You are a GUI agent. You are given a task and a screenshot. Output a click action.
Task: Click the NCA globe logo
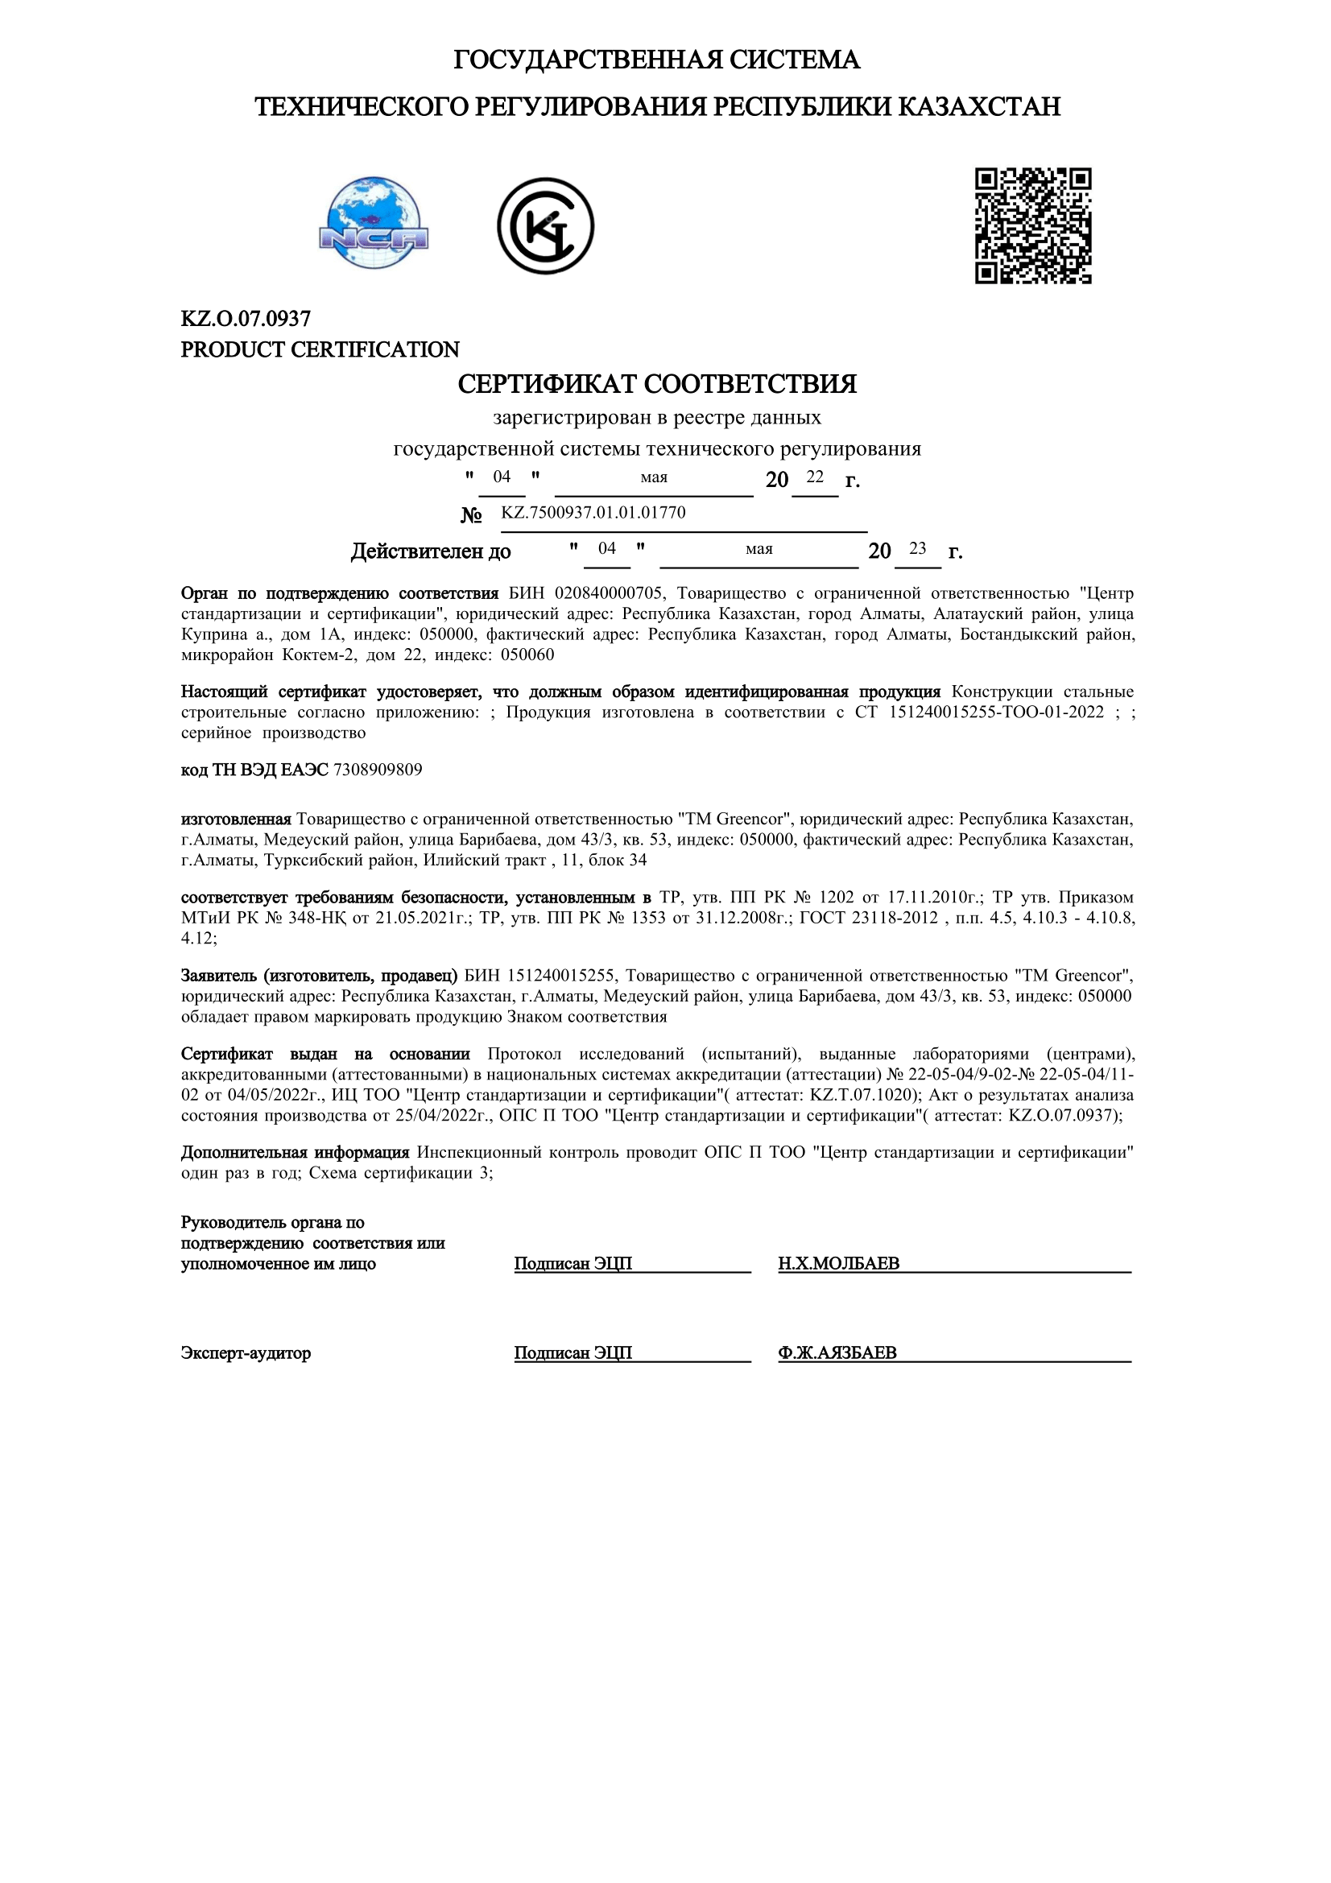coord(374,223)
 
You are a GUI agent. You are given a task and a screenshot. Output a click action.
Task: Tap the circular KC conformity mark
coord(545,225)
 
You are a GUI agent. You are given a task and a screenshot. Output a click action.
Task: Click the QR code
coord(1032,225)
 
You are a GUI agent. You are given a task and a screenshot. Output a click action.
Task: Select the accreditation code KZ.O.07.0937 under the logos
coord(246,318)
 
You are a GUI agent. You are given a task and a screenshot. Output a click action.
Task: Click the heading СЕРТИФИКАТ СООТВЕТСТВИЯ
coord(657,384)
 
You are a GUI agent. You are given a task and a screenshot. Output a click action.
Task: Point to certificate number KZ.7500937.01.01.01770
coord(593,513)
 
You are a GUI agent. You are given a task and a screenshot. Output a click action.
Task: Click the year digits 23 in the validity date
coord(918,549)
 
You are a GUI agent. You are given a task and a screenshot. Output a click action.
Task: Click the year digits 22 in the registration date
coord(814,477)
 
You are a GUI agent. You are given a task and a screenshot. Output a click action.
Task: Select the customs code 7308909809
coord(378,770)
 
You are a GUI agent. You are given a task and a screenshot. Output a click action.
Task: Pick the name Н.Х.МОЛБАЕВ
coord(838,1263)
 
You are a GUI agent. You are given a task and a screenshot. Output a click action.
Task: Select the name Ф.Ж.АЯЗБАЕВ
coord(837,1352)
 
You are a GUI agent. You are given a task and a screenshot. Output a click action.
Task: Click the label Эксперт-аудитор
coord(246,1352)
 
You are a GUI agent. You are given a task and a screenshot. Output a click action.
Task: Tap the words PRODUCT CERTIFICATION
coord(320,349)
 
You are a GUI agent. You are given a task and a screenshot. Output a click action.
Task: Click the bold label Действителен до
coord(431,551)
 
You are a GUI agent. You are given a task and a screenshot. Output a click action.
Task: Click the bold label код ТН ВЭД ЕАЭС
coord(254,770)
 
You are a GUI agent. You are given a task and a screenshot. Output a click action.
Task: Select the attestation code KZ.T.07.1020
coord(861,1094)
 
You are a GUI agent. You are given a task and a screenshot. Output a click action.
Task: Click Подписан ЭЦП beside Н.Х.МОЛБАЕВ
coord(572,1263)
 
